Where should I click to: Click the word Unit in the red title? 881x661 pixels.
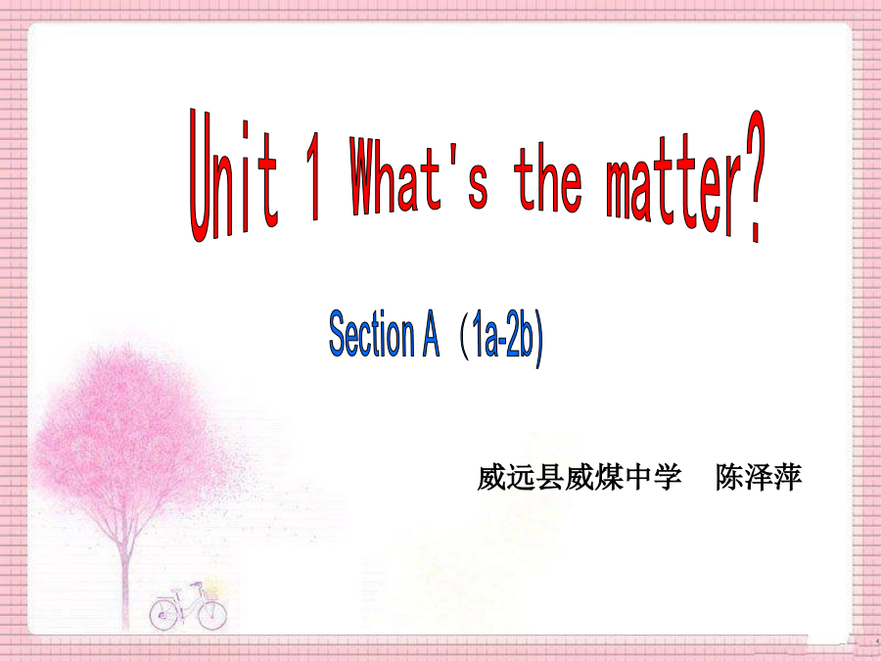233,175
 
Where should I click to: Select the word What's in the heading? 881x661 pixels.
419,175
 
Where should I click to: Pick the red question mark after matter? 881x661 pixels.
755,175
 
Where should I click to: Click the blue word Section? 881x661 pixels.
371,334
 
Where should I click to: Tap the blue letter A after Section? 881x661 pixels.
431,337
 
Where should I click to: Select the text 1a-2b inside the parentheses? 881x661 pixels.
502,338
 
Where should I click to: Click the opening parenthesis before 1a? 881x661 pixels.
464,339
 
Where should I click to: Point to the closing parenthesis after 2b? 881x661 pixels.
538,341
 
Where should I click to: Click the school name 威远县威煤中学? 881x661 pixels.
580,478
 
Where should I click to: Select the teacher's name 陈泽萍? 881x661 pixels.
759,478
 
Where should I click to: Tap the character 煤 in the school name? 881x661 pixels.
609,478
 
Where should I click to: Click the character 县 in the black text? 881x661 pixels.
550,478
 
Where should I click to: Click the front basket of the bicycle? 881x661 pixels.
210,591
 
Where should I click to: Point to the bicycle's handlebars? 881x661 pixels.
195,585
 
